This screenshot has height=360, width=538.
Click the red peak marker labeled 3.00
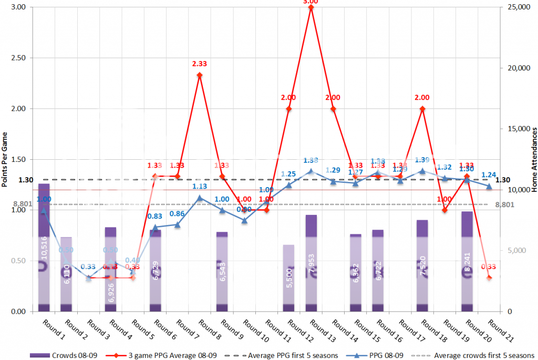(x=311, y=7)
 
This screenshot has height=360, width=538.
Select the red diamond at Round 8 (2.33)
(x=200, y=75)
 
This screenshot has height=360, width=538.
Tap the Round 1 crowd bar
(x=44, y=247)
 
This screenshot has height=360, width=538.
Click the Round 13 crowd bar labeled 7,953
(x=311, y=263)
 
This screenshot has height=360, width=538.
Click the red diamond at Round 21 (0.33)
(x=490, y=277)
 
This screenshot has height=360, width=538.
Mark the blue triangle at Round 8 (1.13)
(x=200, y=198)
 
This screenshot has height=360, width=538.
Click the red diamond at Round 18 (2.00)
(x=422, y=109)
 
